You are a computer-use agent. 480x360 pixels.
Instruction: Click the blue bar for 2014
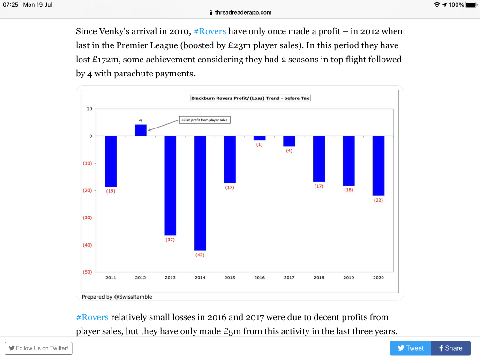point(200,193)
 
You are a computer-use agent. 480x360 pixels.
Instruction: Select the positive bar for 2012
point(141,130)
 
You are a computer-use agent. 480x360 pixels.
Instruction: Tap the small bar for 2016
point(260,138)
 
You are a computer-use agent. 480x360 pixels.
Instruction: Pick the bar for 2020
point(378,166)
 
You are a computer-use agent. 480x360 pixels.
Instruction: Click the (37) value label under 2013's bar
point(170,240)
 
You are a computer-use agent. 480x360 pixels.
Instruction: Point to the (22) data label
point(378,200)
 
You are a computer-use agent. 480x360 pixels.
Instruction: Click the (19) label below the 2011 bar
point(111,191)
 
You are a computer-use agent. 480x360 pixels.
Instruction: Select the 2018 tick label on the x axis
point(319,278)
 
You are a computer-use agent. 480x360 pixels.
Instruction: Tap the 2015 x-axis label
point(230,278)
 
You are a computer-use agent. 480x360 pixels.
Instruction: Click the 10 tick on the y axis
point(90,109)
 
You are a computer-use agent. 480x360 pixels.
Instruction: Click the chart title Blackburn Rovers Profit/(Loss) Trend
point(251,98)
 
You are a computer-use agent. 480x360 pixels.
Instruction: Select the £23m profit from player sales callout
point(205,120)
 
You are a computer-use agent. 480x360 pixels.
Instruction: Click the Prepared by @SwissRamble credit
point(117,297)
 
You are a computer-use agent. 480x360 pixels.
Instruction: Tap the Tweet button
point(411,348)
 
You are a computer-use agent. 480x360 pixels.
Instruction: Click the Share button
point(450,348)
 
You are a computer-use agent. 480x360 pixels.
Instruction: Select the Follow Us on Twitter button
point(38,348)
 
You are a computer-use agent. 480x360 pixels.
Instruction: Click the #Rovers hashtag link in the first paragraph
point(210,32)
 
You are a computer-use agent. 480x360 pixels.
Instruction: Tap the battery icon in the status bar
point(471,5)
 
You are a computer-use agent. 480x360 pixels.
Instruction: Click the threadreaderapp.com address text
point(243,13)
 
